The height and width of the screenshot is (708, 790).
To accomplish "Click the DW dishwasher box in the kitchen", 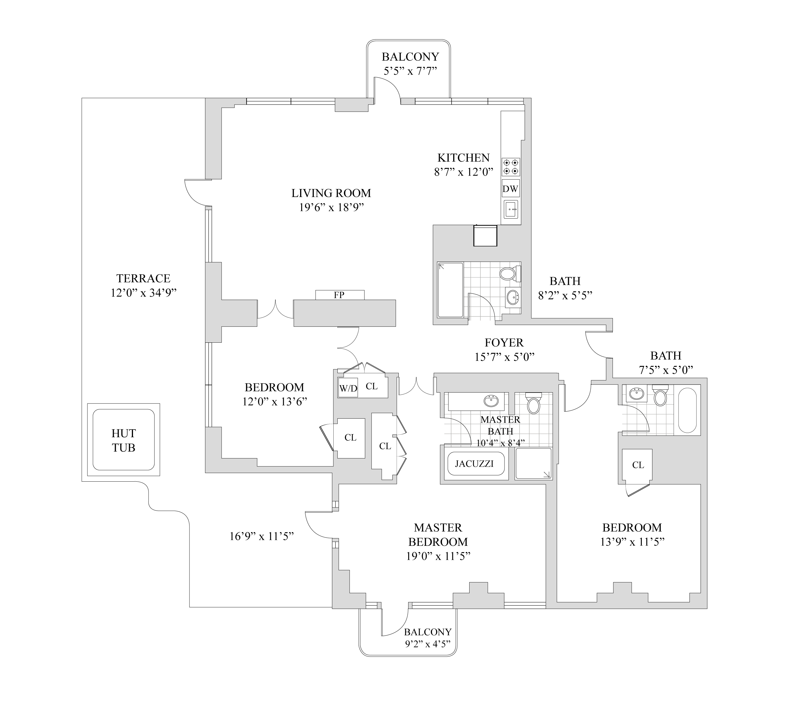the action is (511, 189).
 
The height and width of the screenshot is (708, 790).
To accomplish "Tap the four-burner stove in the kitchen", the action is (511, 167).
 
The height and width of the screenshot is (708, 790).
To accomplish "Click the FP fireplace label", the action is (339, 295).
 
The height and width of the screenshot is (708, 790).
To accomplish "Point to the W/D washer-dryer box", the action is (348, 388).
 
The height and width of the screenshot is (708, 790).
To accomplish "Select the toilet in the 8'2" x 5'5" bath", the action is (509, 273).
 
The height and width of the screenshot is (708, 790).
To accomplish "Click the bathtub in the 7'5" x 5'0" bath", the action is (687, 410).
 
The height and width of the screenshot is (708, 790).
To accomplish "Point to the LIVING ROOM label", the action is (331, 193).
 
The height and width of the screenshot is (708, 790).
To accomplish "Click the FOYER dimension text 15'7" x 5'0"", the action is (504, 357).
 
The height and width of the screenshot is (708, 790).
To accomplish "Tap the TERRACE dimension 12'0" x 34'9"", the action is (144, 293).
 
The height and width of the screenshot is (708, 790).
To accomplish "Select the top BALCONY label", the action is (410, 57).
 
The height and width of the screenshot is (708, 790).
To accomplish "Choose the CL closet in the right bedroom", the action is (638, 465).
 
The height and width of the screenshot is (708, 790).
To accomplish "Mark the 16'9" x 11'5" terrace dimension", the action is (261, 536).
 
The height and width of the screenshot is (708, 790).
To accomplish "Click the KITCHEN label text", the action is (464, 158).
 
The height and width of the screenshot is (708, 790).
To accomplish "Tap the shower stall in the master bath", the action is (533, 464).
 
